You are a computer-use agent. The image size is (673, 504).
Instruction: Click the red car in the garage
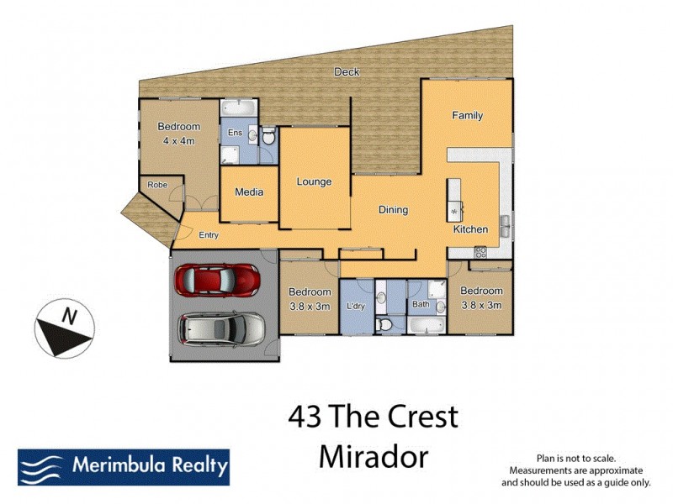coord(216,278)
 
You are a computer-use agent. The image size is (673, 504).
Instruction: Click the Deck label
coord(347,72)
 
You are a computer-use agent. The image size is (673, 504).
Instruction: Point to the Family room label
coord(467,115)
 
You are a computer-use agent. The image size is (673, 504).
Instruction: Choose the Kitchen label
coord(470,229)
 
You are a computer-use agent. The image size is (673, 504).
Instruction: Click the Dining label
coord(393,210)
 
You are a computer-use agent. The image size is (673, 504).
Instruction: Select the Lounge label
coord(314,181)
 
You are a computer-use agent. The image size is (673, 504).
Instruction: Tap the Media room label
coord(249,192)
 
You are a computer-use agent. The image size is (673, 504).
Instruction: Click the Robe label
coord(156,185)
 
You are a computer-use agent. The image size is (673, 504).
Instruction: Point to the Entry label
coord(209,235)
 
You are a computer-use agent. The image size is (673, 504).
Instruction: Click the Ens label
coord(236,133)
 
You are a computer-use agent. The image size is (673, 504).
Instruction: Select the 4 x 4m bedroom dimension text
coord(178,141)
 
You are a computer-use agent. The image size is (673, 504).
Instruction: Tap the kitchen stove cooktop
coord(480,251)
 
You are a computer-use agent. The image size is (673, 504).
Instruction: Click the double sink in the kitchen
coord(505,225)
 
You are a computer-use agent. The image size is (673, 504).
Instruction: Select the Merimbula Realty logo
coord(124,467)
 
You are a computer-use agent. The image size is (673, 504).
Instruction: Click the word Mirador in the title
coord(374,456)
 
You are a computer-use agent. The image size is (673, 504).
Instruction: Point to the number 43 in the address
coord(305,417)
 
